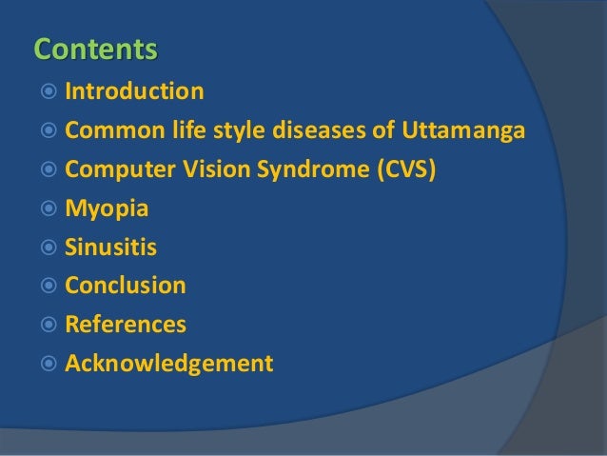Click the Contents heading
point(95,48)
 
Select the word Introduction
point(134,92)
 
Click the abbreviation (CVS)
point(404,169)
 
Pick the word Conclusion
point(126,286)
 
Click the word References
point(126,325)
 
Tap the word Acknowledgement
point(169,364)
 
